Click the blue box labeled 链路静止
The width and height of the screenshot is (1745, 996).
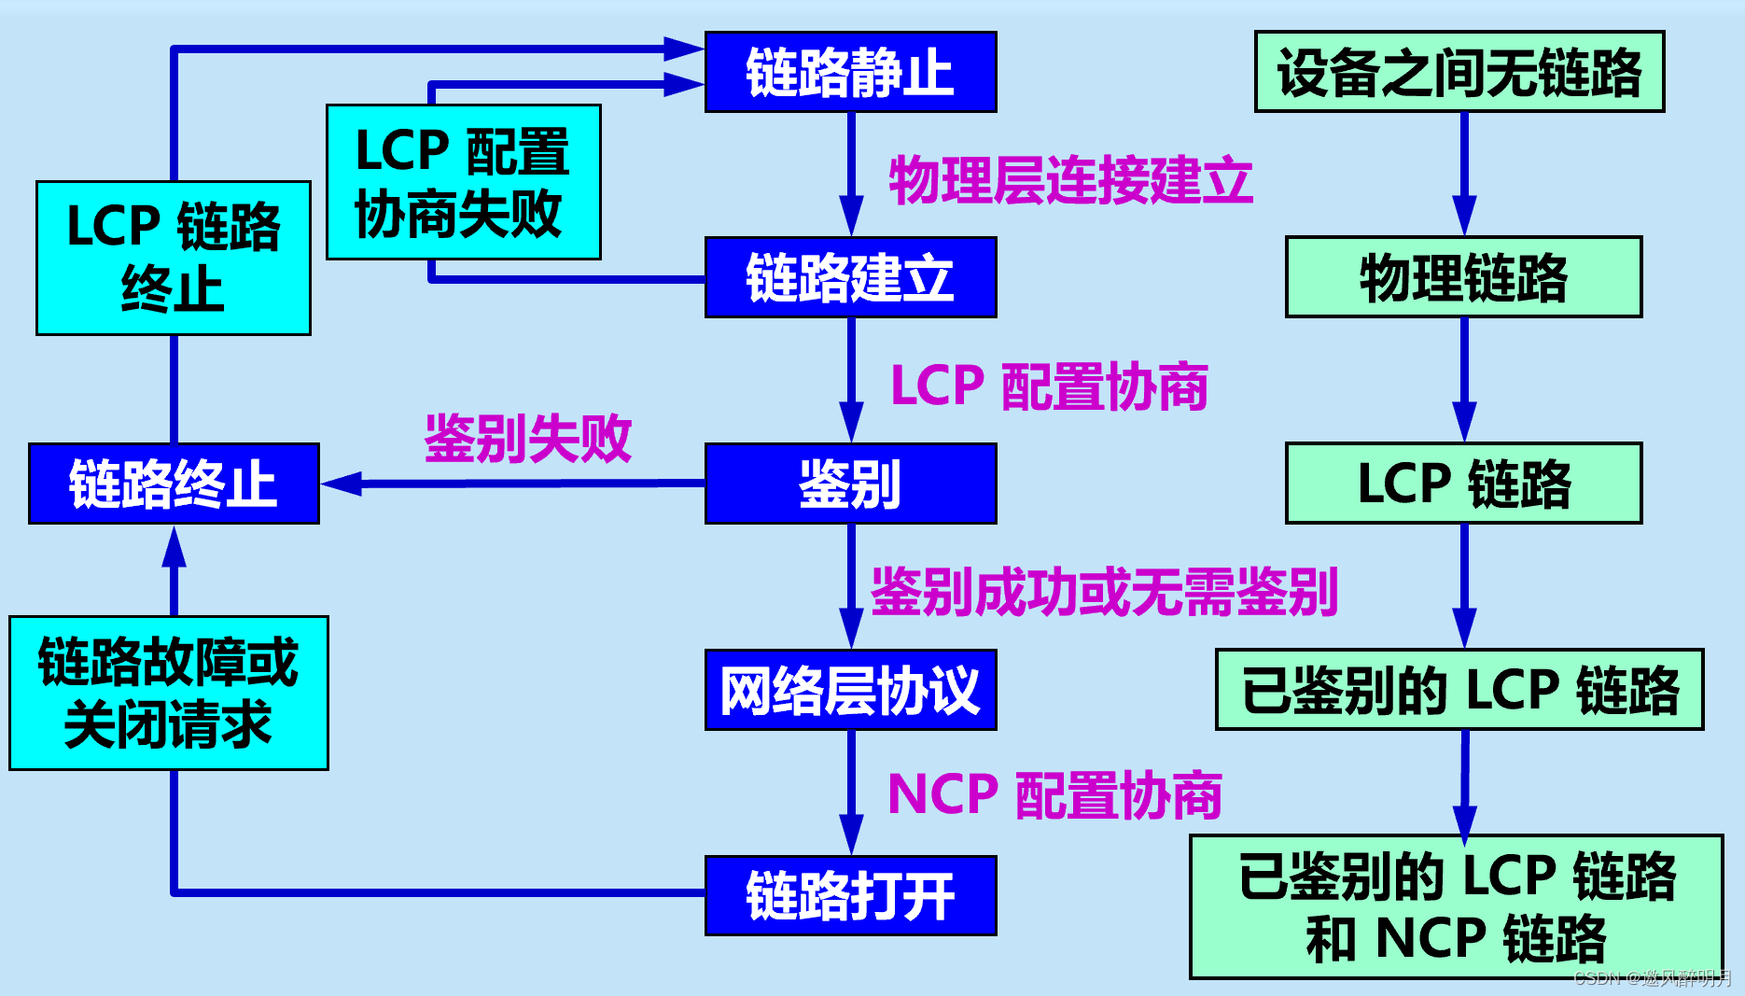(x=850, y=72)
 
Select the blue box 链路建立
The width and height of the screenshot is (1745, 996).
(x=850, y=277)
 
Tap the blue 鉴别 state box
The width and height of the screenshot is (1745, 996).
(x=850, y=484)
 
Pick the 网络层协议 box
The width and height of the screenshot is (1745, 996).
(x=850, y=690)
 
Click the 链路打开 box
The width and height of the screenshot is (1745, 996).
(x=850, y=895)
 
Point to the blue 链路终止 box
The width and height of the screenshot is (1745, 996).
(x=174, y=484)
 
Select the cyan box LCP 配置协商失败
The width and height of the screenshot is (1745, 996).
(x=463, y=182)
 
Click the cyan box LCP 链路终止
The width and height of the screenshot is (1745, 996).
(x=174, y=258)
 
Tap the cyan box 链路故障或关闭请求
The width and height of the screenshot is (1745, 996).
(x=169, y=693)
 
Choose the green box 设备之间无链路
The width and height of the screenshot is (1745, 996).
(x=1459, y=72)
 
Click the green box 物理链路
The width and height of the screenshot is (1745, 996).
(x=1463, y=277)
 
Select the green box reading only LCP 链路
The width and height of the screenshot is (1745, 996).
(x=1463, y=484)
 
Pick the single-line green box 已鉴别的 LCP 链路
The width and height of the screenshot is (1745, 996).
(x=1459, y=690)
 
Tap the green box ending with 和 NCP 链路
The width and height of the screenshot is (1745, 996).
(x=1456, y=906)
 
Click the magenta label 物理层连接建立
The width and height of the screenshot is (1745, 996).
(x=1070, y=180)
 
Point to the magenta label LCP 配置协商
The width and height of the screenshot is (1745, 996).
(x=1050, y=386)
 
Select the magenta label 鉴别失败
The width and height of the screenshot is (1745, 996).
(x=528, y=438)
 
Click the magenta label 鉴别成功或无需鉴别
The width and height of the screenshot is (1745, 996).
(x=1104, y=592)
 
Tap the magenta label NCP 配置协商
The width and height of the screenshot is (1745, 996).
(x=1054, y=795)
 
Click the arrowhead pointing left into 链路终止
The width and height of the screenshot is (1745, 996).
(x=342, y=484)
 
